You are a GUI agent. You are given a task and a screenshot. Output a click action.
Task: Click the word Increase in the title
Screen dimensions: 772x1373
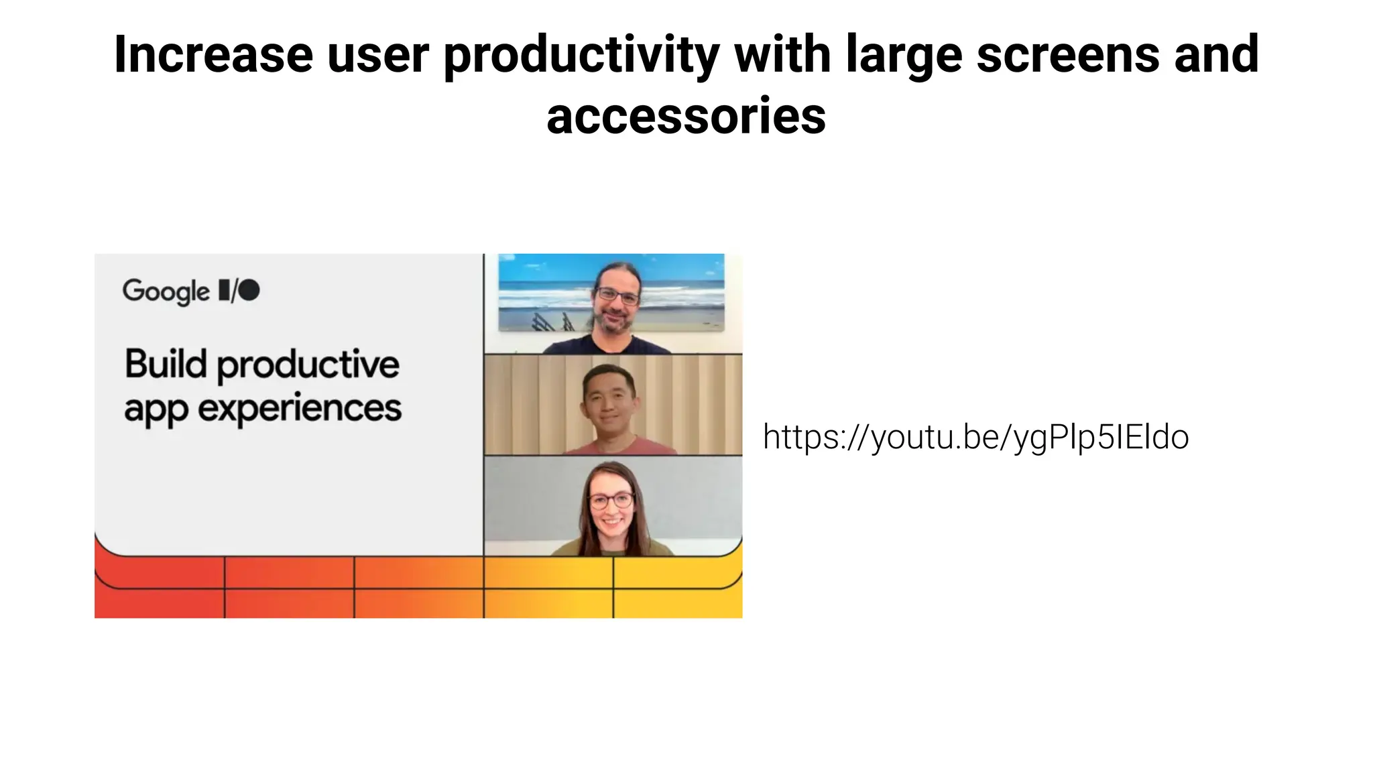[x=213, y=54]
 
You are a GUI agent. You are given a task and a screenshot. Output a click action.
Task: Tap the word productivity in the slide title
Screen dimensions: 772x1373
[x=581, y=56]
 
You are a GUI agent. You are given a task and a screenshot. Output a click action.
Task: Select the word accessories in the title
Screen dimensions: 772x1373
[x=686, y=116]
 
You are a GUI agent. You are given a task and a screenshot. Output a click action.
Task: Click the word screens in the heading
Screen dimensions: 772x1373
[x=1068, y=54]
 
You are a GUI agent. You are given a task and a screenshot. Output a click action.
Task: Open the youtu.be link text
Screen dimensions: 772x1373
[x=975, y=437]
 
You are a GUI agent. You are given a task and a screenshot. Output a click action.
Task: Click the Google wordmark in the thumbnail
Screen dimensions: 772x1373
[x=166, y=292]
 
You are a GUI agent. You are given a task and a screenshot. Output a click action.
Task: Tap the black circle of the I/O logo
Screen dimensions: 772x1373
[x=249, y=290]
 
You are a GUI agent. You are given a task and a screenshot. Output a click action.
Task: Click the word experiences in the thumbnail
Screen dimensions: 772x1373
[x=300, y=409]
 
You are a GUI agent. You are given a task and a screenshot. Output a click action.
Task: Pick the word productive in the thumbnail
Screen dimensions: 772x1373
[x=308, y=365]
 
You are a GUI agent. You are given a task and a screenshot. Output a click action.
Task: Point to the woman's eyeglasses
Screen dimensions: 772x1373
[x=611, y=500]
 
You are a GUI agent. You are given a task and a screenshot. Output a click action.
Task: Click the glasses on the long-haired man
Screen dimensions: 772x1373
[x=617, y=295]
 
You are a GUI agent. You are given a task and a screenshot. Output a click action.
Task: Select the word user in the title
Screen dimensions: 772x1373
[x=377, y=54]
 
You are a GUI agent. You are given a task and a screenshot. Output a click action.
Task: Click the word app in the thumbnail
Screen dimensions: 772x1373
[x=156, y=410]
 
